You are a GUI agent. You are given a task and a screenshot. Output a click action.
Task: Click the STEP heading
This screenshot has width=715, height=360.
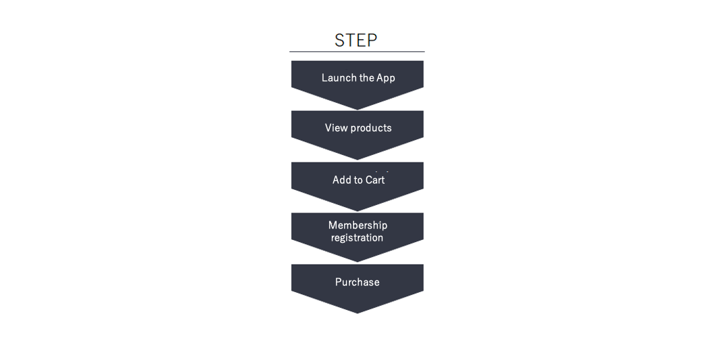(356, 40)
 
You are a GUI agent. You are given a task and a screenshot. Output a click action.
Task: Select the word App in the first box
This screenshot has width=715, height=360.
(386, 78)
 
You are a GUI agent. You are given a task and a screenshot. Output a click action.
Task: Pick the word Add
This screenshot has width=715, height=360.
(341, 180)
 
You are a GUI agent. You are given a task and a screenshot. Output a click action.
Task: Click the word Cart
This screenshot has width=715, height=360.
(375, 180)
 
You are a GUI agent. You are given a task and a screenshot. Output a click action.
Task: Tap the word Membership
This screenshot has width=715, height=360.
(358, 225)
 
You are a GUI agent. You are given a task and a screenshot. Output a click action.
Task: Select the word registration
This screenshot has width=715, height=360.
(357, 238)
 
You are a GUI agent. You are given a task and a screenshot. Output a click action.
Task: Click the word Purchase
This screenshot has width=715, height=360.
(358, 282)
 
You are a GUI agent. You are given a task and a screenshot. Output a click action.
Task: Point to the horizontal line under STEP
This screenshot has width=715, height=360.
(357, 51)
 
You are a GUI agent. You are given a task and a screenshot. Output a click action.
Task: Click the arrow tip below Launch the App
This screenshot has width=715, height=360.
(358, 110)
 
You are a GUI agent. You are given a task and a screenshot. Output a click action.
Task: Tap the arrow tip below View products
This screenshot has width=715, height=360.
(358, 160)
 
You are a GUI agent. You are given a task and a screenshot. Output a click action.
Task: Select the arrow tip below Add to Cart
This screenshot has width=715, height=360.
(358, 211)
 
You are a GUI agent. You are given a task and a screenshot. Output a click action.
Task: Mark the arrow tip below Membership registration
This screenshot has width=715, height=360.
(358, 262)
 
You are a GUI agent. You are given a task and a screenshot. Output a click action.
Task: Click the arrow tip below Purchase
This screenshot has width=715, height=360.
(358, 313)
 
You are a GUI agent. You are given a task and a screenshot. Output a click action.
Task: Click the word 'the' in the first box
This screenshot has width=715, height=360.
(367, 77)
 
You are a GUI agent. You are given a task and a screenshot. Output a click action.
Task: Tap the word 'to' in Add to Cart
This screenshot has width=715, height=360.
(358, 180)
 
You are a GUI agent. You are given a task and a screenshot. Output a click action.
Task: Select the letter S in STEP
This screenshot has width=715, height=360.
(340, 40)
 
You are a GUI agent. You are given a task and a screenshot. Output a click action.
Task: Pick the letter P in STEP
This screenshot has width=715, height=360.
(372, 40)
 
